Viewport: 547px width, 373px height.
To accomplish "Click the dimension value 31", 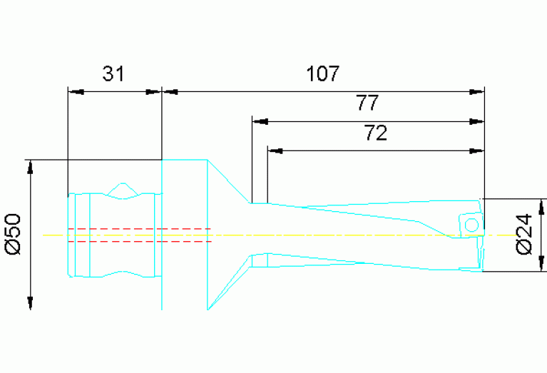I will [113, 73].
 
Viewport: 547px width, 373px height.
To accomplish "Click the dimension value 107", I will [323, 73].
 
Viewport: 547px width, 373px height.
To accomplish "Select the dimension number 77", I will [367, 103].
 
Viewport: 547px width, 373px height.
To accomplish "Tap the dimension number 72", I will [375, 133].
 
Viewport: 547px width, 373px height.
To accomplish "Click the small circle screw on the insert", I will [471, 225].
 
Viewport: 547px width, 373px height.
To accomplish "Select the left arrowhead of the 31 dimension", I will [75, 91].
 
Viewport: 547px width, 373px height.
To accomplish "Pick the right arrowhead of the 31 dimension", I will [153, 91].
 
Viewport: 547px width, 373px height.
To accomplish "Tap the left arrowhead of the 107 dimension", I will [171, 91].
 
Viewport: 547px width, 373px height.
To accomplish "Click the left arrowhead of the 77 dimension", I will [260, 121].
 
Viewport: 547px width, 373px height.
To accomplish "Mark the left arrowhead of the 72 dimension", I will [277, 150].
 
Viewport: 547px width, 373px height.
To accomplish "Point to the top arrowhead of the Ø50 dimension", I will [31, 168].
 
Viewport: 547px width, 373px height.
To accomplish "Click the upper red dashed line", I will [139, 228].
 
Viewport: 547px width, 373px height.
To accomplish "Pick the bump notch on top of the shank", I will [123, 188].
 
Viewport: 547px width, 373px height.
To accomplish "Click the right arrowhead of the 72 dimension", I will [476, 150].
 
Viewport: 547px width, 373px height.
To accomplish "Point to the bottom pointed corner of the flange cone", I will [208, 310].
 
